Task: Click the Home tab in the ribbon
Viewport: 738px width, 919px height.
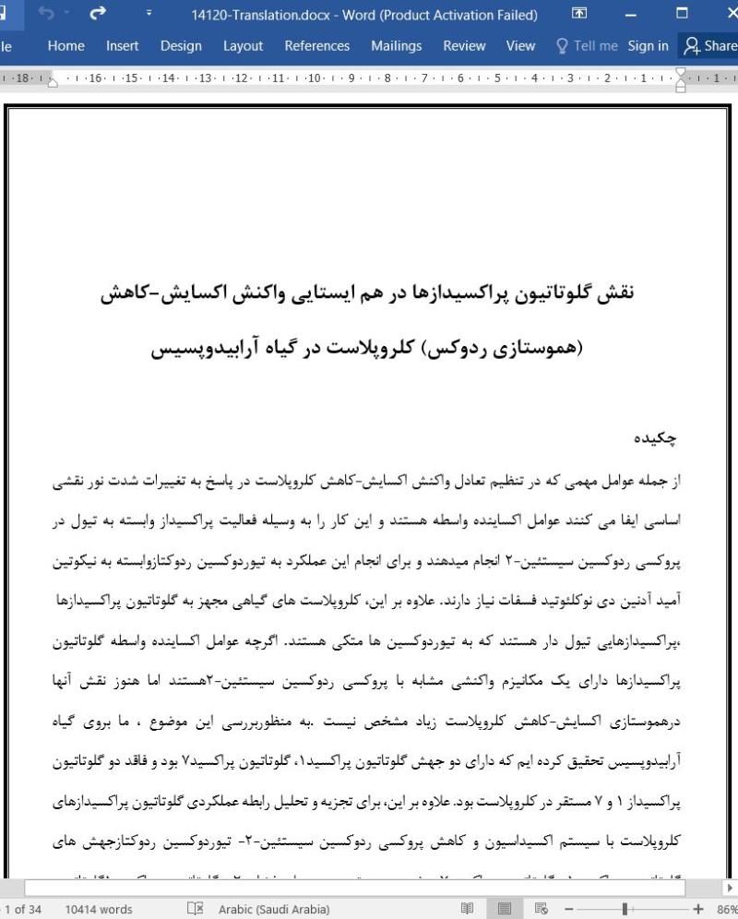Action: (x=65, y=45)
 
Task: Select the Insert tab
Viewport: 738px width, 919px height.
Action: (x=122, y=45)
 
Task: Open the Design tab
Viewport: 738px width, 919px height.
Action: (x=181, y=45)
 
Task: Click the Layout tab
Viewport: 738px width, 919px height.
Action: (x=243, y=45)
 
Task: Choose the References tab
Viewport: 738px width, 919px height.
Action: (x=316, y=45)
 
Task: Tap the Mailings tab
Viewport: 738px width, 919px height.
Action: (x=396, y=45)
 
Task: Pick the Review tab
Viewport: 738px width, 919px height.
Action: (x=464, y=45)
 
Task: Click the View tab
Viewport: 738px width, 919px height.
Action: (x=520, y=45)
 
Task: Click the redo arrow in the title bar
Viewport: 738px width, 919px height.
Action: (x=97, y=15)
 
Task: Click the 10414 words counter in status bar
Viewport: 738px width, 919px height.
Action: (x=99, y=909)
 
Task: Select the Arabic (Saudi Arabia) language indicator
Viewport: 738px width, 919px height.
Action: (x=273, y=909)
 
